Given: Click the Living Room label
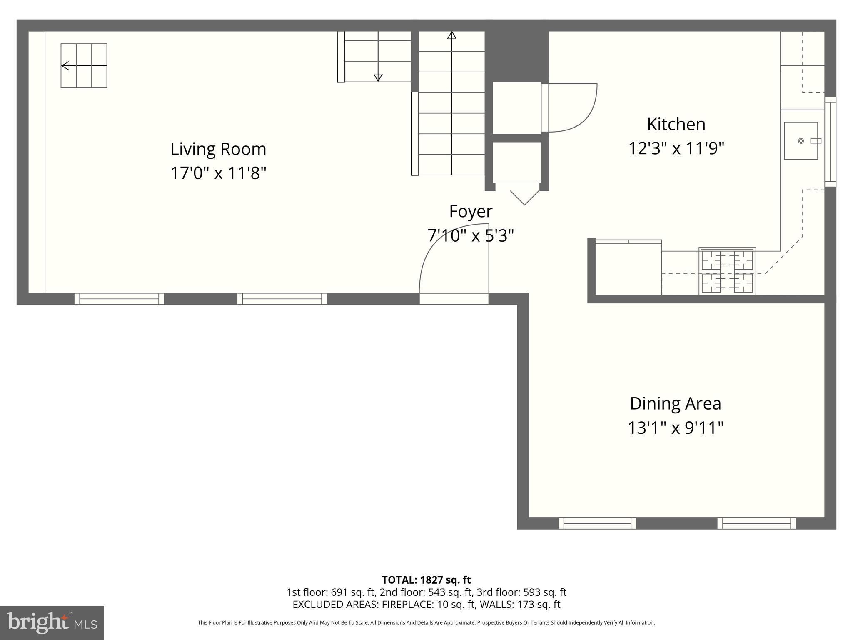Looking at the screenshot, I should [x=218, y=149].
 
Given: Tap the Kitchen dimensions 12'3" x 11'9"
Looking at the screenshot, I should [x=676, y=148].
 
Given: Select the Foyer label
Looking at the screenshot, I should [x=471, y=211].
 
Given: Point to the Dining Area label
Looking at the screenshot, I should [x=675, y=403].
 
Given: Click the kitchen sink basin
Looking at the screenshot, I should [x=801, y=141].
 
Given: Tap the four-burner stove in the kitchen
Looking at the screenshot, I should [x=727, y=271].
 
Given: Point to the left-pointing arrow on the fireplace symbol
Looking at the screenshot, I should [x=66, y=66].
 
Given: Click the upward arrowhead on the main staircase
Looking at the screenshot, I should [x=451, y=35].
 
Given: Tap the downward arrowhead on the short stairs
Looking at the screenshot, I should [x=378, y=77].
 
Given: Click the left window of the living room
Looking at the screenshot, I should [x=119, y=299].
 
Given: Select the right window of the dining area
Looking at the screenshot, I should [x=756, y=523].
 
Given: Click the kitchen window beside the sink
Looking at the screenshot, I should [x=830, y=142].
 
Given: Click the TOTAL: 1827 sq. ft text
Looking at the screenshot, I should [x=426, y=580].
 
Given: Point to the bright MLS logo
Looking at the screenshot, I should [x=52, y=623].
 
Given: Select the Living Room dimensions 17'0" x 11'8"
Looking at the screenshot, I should [x=218, y=173].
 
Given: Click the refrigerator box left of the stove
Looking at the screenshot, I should [x=628, y=268].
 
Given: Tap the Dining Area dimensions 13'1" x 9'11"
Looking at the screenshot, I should [x=675, y=427].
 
